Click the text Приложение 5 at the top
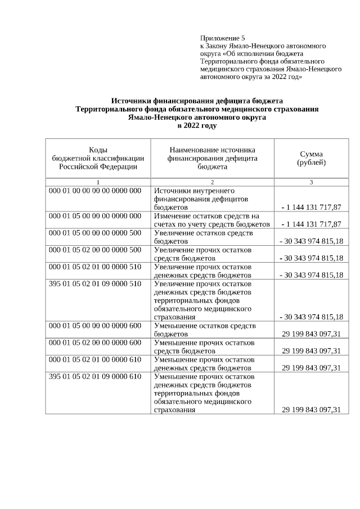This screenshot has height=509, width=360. (223, 38)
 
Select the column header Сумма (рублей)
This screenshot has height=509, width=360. (311, 158)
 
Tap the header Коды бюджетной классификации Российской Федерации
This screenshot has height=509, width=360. (98, 158)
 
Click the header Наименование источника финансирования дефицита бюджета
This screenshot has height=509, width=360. (212, 158)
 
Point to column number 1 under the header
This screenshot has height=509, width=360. (98, 182)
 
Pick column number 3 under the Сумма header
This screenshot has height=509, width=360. (311, 182)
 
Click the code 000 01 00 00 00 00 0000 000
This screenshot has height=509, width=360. (95, 191)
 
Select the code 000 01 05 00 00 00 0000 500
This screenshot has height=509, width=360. (95, 233)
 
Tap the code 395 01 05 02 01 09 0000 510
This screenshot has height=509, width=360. (95, 283)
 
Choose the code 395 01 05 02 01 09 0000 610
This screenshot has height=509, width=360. (95, 376)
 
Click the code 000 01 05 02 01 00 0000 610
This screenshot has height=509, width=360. (95, 359)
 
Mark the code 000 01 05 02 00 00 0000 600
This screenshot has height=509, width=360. (95, 343)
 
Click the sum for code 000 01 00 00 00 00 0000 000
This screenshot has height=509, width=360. (311, 207)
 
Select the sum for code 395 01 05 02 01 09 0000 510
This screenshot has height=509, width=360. (311, 317)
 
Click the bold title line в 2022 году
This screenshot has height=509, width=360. (197, 126)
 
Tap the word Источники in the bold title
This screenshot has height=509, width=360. (132, 101)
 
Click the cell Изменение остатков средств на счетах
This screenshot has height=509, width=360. (212, 220)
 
